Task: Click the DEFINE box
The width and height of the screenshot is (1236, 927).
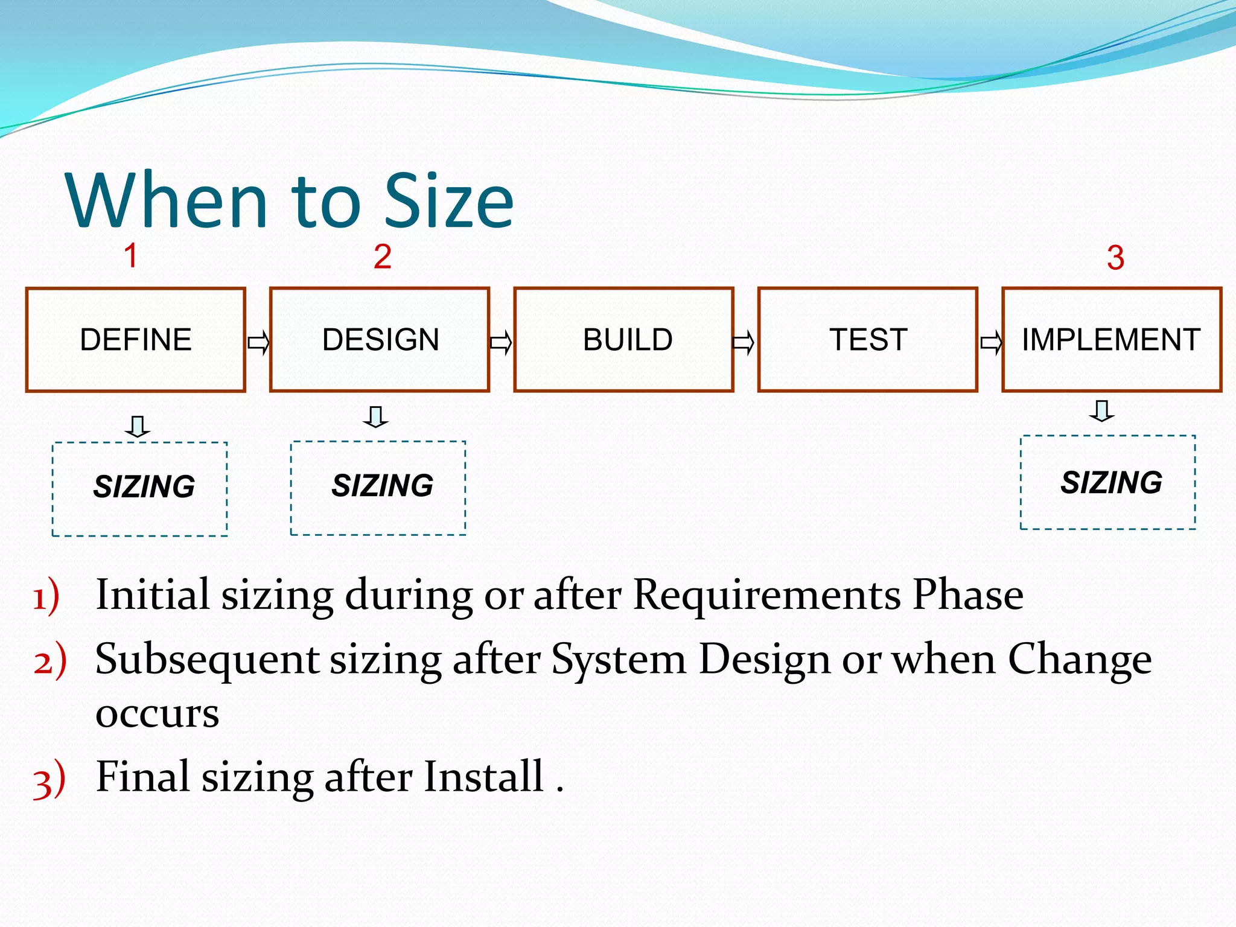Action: click(136, 340)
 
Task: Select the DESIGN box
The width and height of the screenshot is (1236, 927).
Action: click(380, 340)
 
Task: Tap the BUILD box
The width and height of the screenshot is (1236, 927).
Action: click(623, 340)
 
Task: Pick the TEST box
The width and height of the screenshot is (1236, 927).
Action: click(867, 340)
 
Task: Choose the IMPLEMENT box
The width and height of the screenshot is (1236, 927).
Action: click(1111, 340)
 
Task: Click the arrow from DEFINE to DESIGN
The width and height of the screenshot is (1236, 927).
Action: click(258, 343)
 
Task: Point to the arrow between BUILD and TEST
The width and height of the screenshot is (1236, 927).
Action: click(744, 343)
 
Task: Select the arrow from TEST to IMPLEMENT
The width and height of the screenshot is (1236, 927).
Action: click(991, 343)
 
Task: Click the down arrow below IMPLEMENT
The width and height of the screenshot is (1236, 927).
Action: click(1102, 410)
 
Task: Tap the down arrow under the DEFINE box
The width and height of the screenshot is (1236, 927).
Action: click(138, 426)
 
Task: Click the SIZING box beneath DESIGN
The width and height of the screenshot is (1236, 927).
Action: click(378, 488)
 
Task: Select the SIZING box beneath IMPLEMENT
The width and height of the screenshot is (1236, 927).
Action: click(1107, 482)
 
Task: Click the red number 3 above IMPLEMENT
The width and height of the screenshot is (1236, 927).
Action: click(1115, 258)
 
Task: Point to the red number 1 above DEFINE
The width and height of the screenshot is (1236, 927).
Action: click(131, 255)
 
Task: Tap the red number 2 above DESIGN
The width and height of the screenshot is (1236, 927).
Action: click(382, 256)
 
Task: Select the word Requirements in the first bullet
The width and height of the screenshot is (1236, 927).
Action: click(766, 595)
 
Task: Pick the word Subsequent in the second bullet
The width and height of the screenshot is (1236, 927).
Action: click(207, 660)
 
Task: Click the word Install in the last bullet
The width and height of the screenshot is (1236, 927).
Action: click(483, 777)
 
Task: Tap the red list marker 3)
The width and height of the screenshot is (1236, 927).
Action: click(49, 780)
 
